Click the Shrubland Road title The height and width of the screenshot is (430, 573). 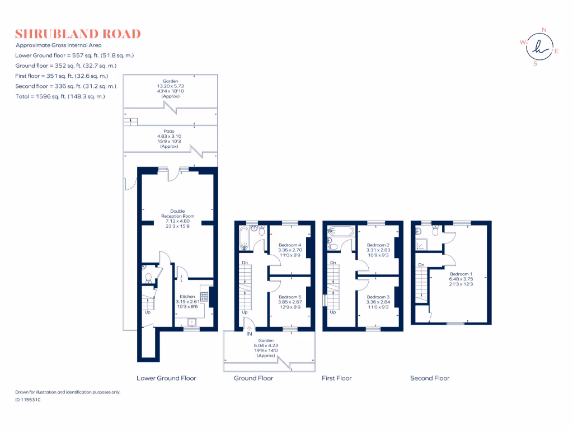pyautogui.click(x=78, y=34)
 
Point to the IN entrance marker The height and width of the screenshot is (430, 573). pyautogui.click(x=250, y=334)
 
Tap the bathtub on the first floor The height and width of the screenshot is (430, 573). pyautogui.click(x=339, y=230)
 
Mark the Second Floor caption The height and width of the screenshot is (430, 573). pyautogui.click(x=430, y=378)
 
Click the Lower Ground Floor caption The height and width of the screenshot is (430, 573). pyautogui.click(x=167, y=378)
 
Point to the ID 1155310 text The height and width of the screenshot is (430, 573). pyautogui.click(x=28, y=400)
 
